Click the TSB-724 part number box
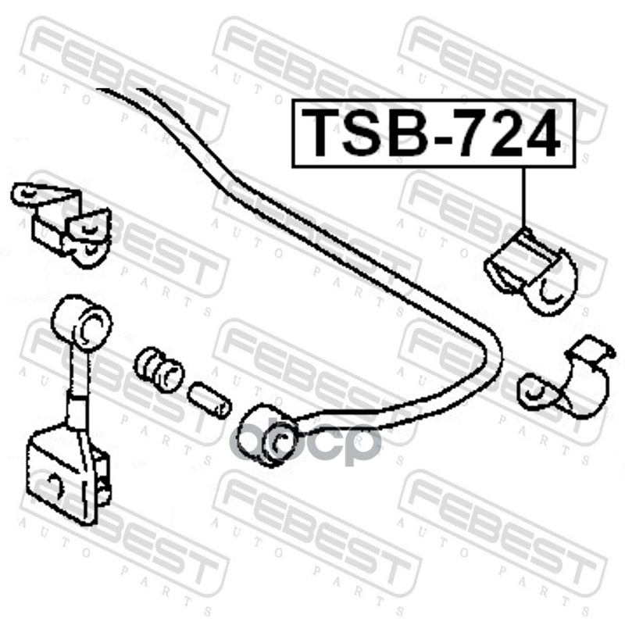[432, 133]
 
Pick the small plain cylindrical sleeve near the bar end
[209, 397]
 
